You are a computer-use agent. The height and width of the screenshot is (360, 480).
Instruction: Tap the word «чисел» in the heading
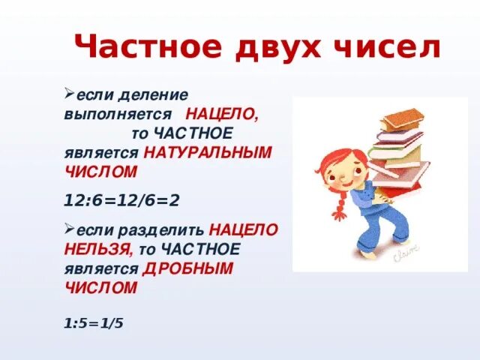[x=387, y=47]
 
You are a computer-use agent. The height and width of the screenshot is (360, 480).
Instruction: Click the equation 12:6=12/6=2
[x=123, y=201]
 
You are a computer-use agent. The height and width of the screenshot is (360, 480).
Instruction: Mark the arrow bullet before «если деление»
[x=68, y=94]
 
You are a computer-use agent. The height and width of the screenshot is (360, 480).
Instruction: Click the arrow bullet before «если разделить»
[x=68, y=227]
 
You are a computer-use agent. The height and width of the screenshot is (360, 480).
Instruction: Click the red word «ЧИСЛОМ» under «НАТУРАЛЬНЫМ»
[x=101, y=172]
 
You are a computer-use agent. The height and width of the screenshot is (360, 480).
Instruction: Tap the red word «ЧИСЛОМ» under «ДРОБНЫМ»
[x=101, y=288]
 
